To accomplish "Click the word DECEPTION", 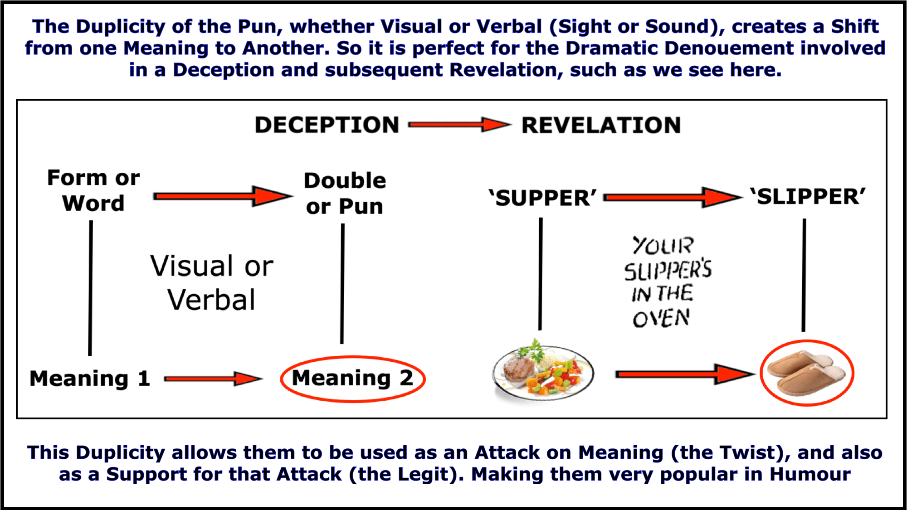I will [327, 125].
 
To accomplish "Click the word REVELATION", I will [601, 125].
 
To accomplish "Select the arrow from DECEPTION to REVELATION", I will [459, 125].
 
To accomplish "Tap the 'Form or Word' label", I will [93, 190].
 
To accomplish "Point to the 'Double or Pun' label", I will [345, 194].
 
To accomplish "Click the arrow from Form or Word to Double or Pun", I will [222, 196].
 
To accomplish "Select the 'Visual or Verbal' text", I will [212, 282].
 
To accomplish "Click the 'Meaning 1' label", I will [90, 379].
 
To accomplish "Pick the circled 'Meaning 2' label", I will [352, 379].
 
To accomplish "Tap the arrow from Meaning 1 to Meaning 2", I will [213, 379].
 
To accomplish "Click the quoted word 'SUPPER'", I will [543, 198].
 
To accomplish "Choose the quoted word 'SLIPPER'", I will [808, 197].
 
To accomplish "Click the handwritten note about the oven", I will [666, 282].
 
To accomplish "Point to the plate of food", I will [542, 369].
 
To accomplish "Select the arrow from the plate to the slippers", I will [685, 374].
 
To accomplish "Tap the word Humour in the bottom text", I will [810, 475].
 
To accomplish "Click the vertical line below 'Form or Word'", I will [90, 288].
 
